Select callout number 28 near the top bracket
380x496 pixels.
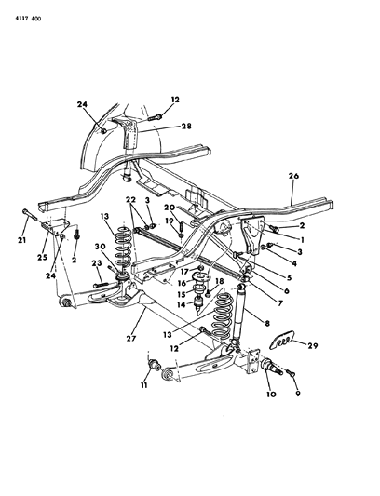coord(186,126)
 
